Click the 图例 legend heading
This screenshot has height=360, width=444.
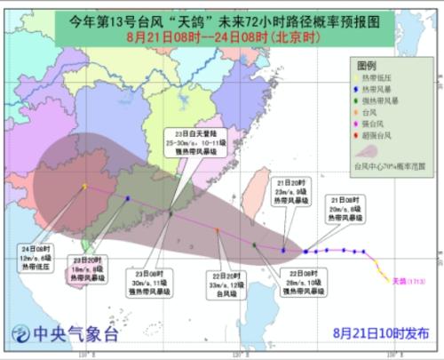(x=367, y=67)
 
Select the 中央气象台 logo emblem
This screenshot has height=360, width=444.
(x=20, y=335)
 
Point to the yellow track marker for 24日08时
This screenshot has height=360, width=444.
(x=84, y=186)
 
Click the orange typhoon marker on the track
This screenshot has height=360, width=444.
(x=218, y=230)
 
